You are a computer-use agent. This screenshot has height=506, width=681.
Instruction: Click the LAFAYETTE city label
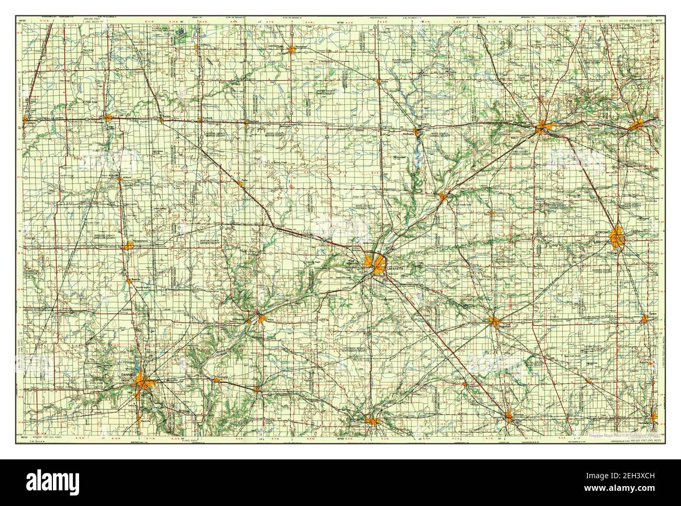396,268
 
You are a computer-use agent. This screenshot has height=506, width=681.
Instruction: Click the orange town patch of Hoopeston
128,246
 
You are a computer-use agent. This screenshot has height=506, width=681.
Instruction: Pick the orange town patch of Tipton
644,318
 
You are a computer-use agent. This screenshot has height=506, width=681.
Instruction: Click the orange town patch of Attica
260,317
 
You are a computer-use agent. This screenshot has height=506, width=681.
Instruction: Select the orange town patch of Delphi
444,196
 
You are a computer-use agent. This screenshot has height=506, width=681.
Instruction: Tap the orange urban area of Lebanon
511,417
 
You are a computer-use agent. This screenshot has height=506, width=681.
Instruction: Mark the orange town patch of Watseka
108,118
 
